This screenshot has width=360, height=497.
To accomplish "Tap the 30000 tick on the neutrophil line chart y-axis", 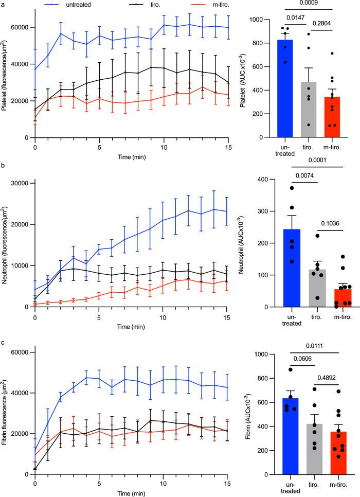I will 21,183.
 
